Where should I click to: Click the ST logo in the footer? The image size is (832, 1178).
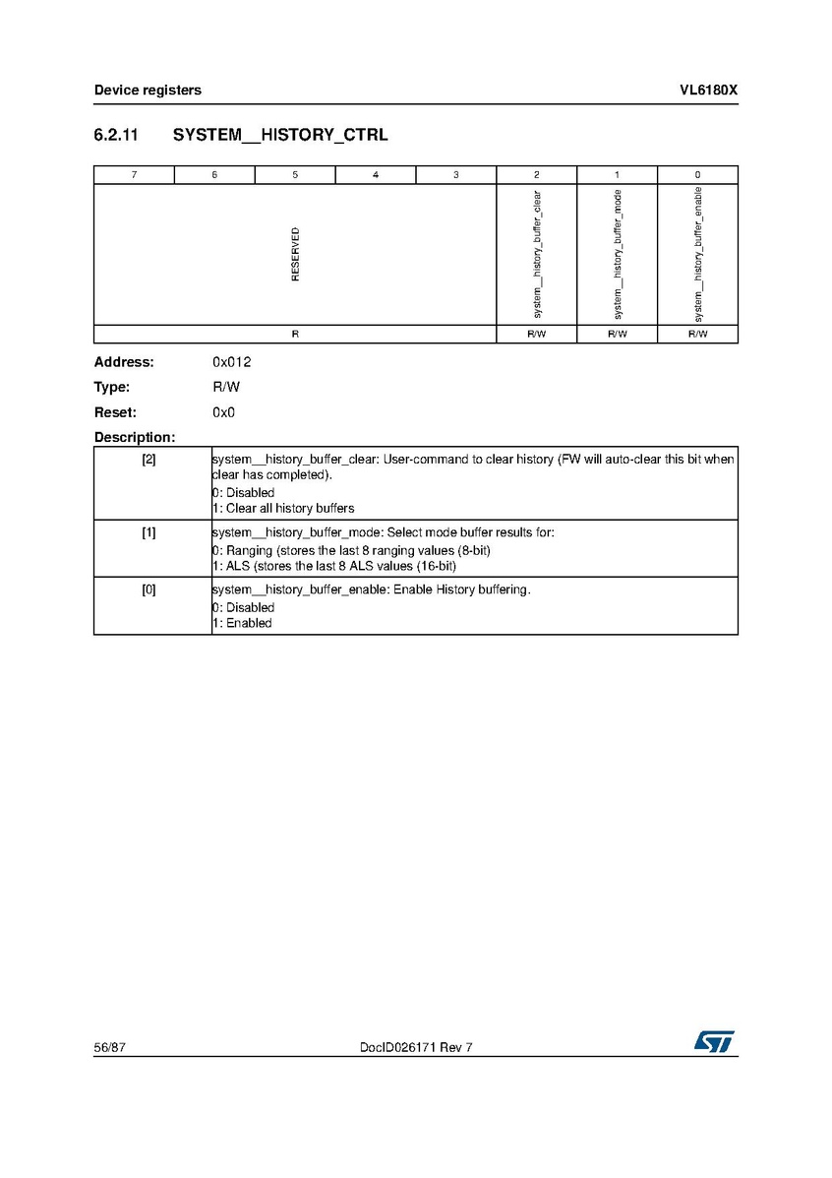click(x=714, y=1042)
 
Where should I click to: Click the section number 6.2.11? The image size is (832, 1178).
click(x=119, y=135)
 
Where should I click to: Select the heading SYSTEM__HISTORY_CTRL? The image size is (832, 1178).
click(x=280, y=135)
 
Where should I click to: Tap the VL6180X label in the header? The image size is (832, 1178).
click(x=708, y=91)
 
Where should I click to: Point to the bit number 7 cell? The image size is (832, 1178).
click(x=134, y=175)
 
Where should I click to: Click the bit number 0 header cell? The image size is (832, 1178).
click(x=697, y=175)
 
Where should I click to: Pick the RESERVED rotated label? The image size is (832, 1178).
click(x=295, y=254)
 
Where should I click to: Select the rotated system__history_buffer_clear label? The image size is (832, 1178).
click(x=537, y=254)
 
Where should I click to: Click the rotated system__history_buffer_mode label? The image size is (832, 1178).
click(x=618, y=254)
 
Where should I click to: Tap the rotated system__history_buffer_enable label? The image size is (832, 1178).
click(x=698, y=254)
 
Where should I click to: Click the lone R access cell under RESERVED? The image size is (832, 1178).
click(x=295, y=335)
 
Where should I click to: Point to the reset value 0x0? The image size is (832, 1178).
click(x=223, y=412)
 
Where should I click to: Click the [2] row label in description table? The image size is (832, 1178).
click(x=149, y=460)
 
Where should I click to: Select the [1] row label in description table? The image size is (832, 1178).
click(x=149, y=532)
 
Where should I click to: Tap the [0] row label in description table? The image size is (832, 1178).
click(x=149, y=589)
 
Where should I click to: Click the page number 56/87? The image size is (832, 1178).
click(x=110, y=1048)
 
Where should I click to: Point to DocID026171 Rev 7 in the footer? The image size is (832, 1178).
click(x=416, y=1048)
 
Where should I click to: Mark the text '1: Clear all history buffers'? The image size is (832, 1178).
click(x=283, y=509)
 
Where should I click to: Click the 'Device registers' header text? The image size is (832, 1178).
click(x=148, y=91)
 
